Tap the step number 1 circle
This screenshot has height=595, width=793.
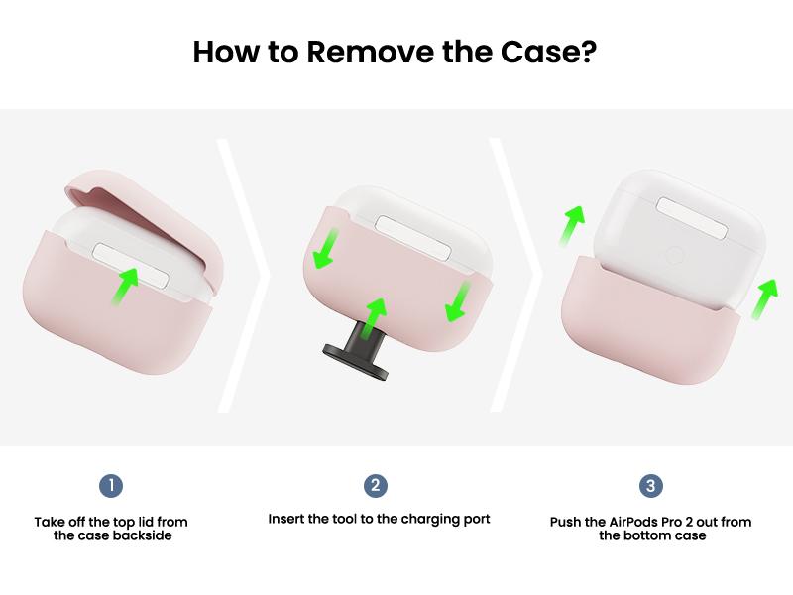111,486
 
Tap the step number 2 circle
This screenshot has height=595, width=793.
375,486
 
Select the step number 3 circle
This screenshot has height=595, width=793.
650,486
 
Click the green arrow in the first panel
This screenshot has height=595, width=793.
124,287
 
